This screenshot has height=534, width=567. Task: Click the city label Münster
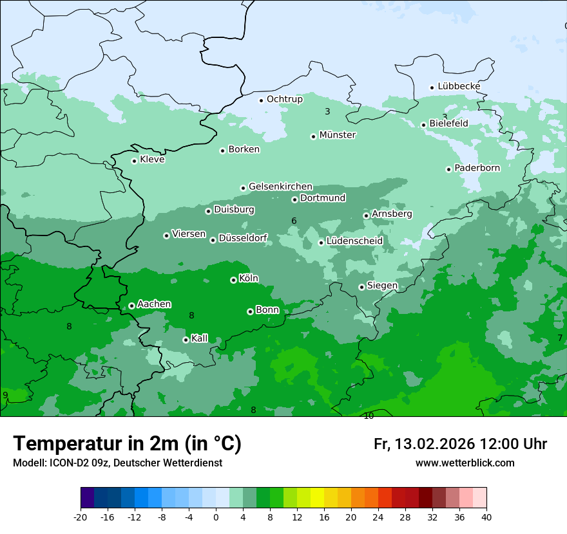pos(337,135)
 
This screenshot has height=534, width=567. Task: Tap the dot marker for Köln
pos(233,280)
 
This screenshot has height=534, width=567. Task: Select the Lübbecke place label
pos(459,86)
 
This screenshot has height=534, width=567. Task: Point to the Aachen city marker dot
pos(131,306)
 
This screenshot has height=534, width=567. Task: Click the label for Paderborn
pos(477,168)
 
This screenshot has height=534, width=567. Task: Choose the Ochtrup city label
pos(284,99)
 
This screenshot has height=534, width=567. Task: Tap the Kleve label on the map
pos(152,160)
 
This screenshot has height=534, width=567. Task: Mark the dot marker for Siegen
pos(361,287)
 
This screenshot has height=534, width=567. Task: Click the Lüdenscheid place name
pos(354,241)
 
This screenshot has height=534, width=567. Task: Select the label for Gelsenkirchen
pos(280,187)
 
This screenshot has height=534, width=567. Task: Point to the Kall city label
pos(200,338)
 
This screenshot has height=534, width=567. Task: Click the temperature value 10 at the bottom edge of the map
pos(369,416)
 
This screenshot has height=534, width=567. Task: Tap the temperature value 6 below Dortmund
pos(294,221)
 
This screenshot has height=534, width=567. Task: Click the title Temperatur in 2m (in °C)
pos(127,443)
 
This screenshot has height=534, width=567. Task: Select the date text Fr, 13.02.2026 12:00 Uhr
pos(460,444)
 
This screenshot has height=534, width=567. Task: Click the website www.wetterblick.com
pos(465,463)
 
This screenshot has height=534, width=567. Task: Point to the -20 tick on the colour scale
pos(81,517)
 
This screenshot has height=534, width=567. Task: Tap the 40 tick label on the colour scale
pos(486,517)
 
